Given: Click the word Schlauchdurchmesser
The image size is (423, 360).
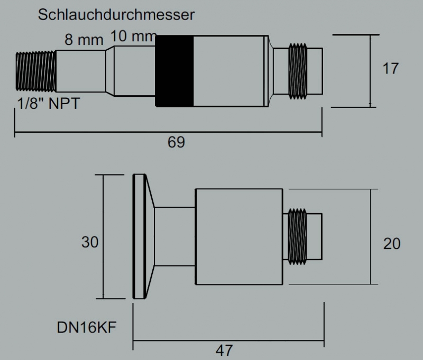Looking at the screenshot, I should (116, 15).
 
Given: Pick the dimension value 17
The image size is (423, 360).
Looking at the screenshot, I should (390, 69).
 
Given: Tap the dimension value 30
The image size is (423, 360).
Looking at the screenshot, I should (89, 242).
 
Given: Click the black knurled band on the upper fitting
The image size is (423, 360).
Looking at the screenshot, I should (174, 71).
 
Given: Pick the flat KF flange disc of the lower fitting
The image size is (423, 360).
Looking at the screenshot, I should (140, 236).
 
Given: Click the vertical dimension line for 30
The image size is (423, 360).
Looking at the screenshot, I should (103, 236).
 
